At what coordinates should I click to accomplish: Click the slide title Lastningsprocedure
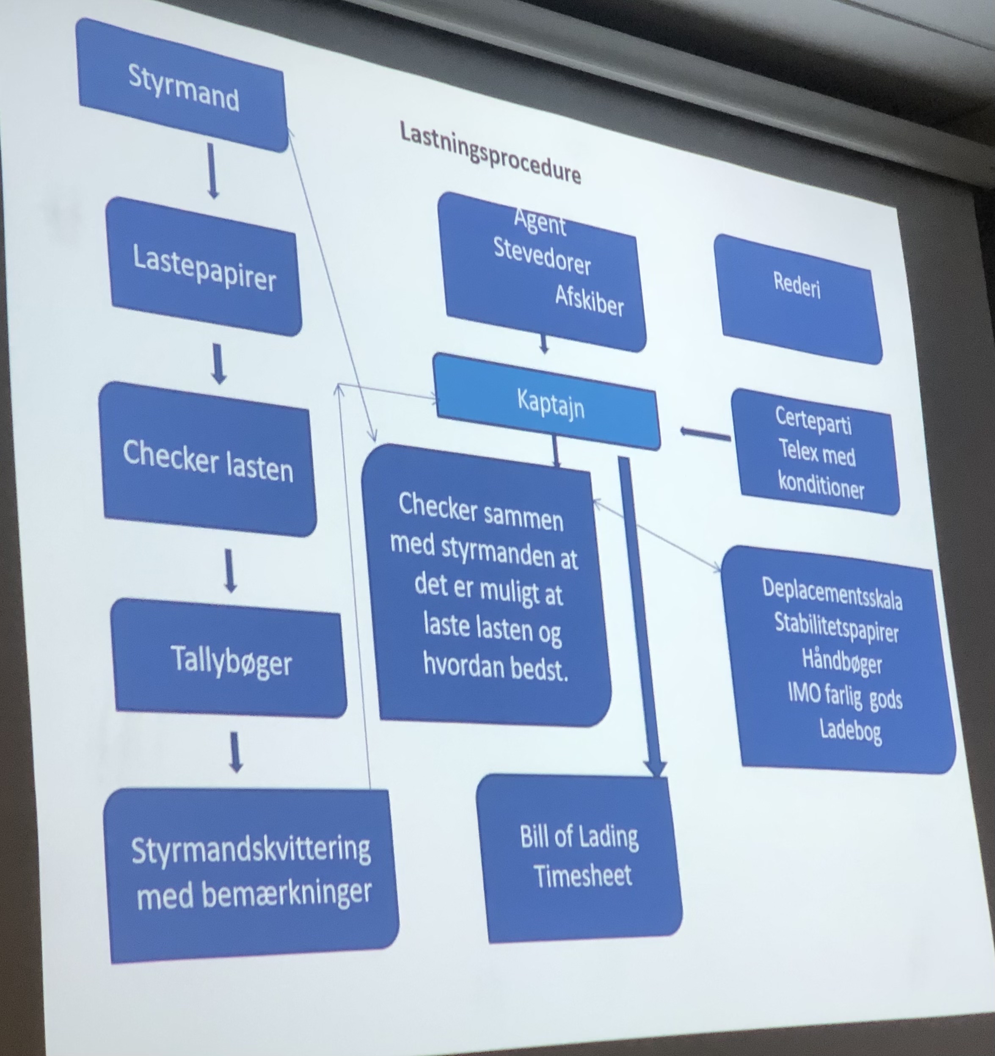pos(490,152)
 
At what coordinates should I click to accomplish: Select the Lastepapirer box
pos(204,268)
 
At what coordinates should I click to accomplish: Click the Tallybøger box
pos(231,660)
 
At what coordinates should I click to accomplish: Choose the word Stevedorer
pos(542,257)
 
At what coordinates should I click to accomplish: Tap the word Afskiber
pos(590,301)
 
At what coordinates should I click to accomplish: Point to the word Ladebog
pos(851,730)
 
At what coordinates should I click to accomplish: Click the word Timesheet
pos(583,875)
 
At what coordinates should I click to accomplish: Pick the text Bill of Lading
pos(579,836)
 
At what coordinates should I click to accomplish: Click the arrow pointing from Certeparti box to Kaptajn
pos(705,434)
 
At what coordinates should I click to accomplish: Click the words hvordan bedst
pos(495,665)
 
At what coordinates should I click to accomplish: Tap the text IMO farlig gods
pos(845,696)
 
